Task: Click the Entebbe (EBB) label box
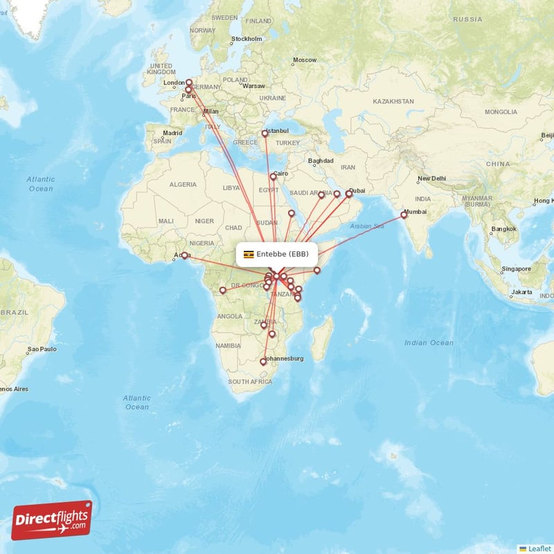coord(277,253)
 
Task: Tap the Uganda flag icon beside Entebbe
coord(248,254)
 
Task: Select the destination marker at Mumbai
coord(404,215)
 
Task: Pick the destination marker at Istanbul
coord(265,134)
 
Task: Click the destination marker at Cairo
coord(274,177)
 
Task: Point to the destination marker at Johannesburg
coord(262,361)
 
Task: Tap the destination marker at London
coord(188,82)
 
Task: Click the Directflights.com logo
coord(51,520)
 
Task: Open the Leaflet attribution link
coord(539,548)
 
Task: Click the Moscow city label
coord(304,60)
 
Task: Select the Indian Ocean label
coord(430,343)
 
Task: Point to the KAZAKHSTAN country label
coord(393,102)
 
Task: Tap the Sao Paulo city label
coord(42,350)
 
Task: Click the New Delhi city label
coord(431,179)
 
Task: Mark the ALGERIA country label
coord(184,185)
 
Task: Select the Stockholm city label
coord(247,39)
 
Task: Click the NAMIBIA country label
coord(227,345)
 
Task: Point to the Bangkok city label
coord(504,229)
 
